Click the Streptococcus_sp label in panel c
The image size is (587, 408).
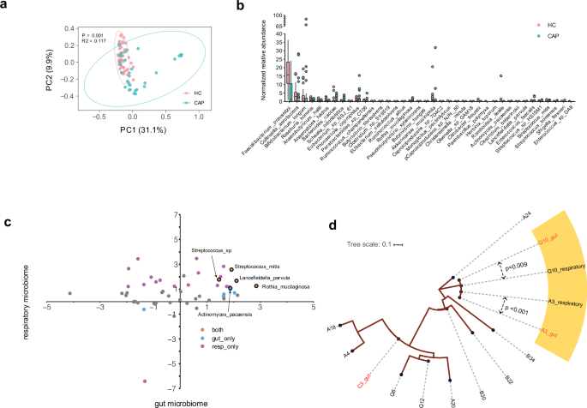point(211,249)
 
